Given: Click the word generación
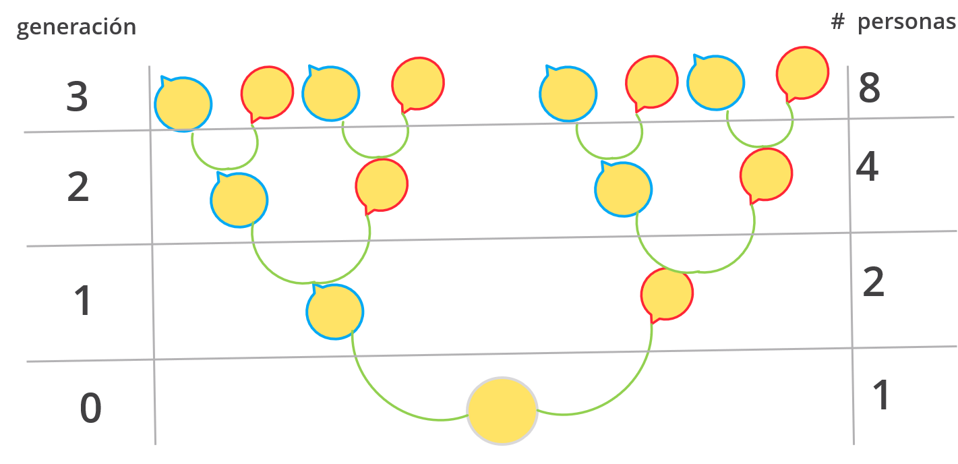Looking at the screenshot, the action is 76,28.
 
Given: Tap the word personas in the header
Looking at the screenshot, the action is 906,22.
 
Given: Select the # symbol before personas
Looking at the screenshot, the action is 838,22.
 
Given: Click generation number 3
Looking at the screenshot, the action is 78,97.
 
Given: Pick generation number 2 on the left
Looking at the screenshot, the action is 78,187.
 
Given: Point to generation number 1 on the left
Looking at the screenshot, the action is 82,301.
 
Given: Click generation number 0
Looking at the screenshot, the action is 90,409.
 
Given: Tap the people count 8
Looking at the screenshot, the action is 869,88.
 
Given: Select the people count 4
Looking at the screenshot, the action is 867,167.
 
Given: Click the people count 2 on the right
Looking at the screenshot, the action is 874,283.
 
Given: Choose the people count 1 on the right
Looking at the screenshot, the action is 880,395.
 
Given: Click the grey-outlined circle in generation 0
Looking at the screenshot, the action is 502,410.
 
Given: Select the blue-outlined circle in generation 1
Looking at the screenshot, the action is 335,312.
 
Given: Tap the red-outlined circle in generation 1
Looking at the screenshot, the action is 667,294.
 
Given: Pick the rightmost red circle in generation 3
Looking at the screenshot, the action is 802,73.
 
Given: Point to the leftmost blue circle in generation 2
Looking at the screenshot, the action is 239,200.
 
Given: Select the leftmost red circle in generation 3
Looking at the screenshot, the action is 267,92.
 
